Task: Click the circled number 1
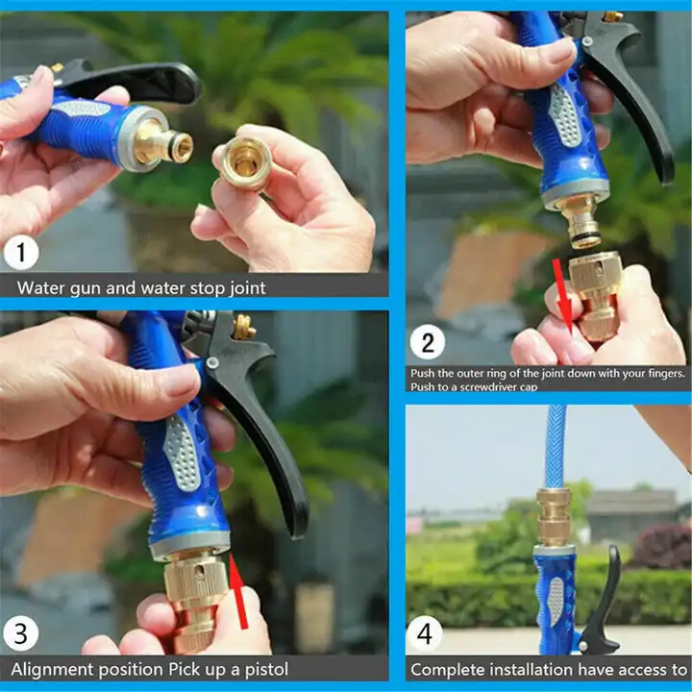click(x=22, y=254)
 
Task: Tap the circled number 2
click(x=428, y=343)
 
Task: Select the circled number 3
click(x=22, y=634)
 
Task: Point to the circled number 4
click(x=428, y=633)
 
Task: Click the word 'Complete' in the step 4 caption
click(x=448, y=668)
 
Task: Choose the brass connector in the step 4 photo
click(x=554, y=517)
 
